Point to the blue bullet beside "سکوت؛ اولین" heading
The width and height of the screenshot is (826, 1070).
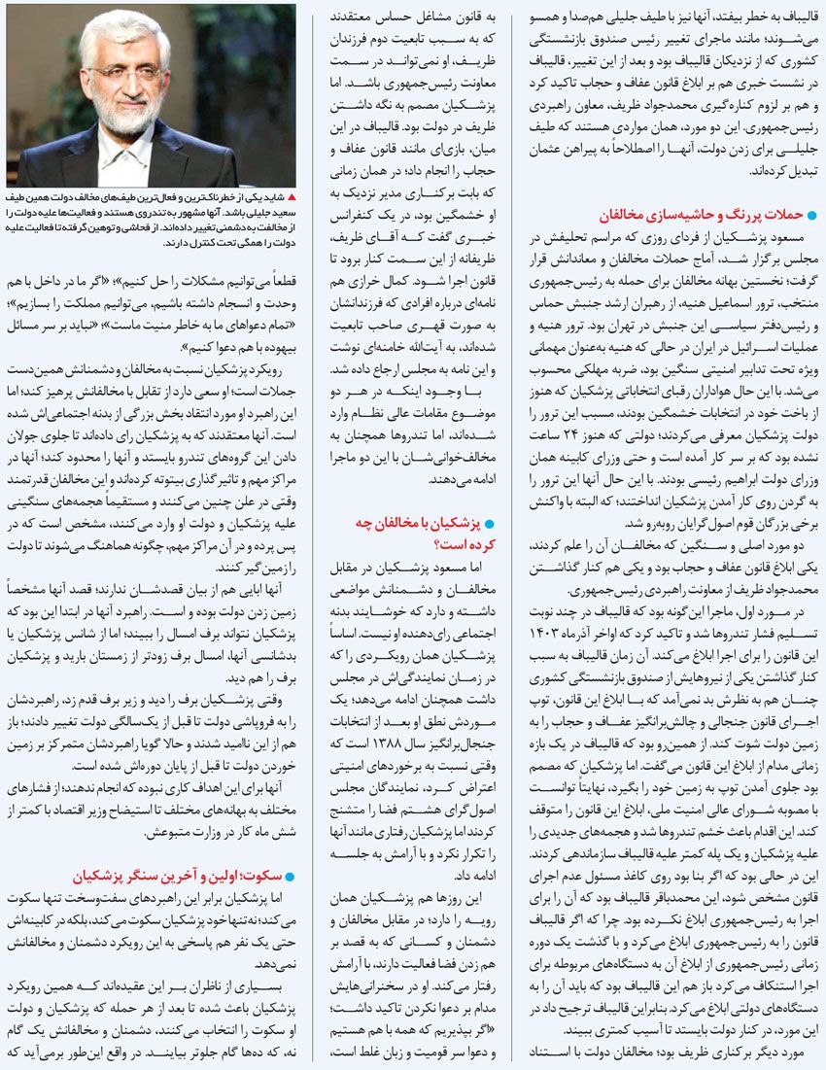pos(288,874)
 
